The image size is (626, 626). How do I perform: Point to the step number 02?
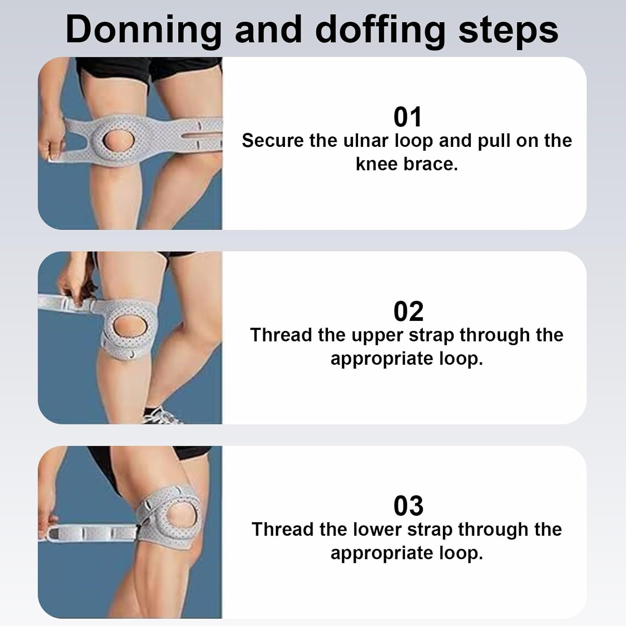coord(408,311)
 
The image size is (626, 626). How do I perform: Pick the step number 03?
coord(408,506)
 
